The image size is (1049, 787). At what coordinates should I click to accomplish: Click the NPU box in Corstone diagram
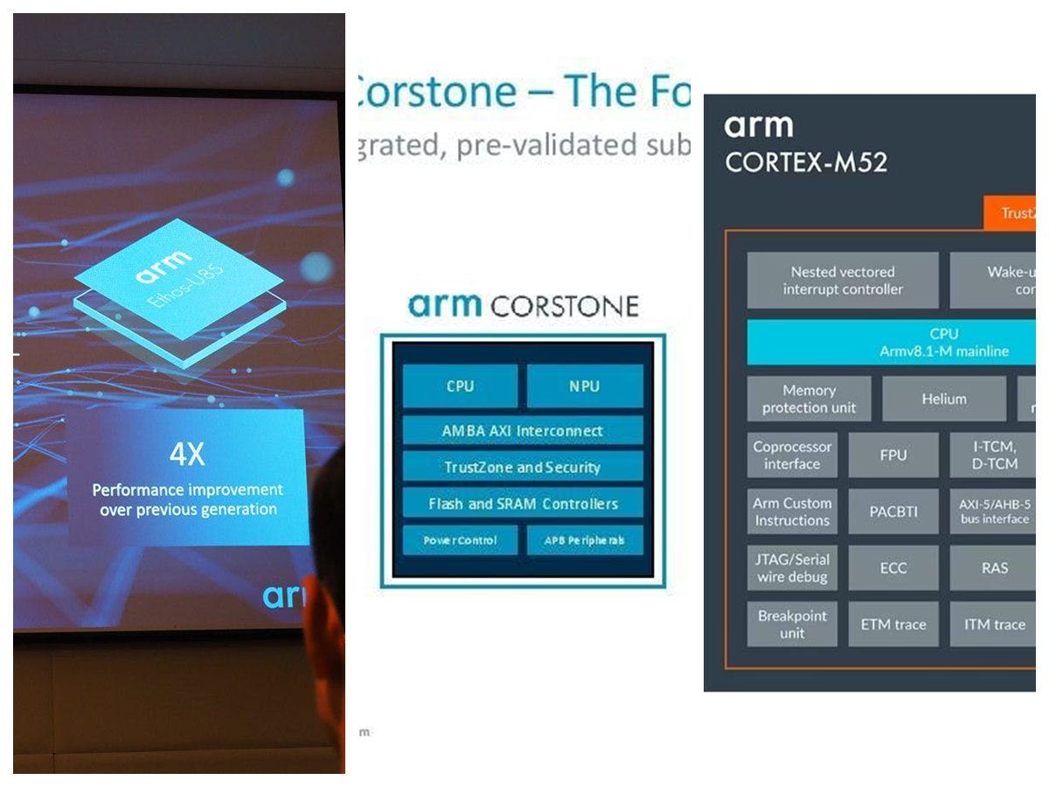point(585,386)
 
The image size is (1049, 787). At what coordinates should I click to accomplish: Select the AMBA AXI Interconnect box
point(523,430)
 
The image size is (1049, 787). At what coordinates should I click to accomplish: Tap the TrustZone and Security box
point(523,467)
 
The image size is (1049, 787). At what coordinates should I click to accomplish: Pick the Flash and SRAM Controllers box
point(523,504)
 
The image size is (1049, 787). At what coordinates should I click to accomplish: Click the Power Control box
point(460,540)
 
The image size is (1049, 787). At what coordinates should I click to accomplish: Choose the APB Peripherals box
point(585,540)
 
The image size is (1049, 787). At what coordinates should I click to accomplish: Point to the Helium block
point(944,399)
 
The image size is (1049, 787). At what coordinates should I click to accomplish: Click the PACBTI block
point(893,512)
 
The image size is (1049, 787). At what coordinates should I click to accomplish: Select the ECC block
point(893,568)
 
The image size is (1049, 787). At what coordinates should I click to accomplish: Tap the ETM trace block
point(893,624)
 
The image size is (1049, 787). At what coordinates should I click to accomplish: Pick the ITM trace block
point(994,624)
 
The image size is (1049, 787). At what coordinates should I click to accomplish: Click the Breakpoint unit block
point(792,624)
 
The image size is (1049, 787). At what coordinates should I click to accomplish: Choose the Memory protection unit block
point(809,399)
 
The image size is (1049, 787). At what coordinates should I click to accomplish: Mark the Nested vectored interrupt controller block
point(843,280)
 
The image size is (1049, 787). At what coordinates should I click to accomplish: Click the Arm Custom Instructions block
point(792,512)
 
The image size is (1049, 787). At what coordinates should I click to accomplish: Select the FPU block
point(893,455)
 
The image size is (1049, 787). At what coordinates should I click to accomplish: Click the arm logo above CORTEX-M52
point(758,127)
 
